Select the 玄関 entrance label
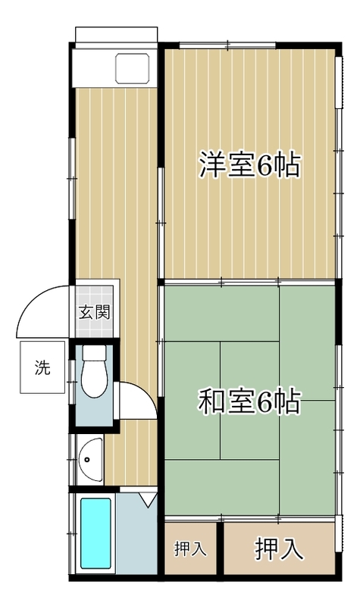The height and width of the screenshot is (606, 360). click(96, 311)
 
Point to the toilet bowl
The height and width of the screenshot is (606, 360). click(94, 381)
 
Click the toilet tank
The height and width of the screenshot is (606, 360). click(94, 354)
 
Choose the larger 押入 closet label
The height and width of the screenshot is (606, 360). click(279, 547)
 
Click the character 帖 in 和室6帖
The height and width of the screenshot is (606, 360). click(287, 401)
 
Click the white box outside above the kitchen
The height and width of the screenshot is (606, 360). click(117, 36)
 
